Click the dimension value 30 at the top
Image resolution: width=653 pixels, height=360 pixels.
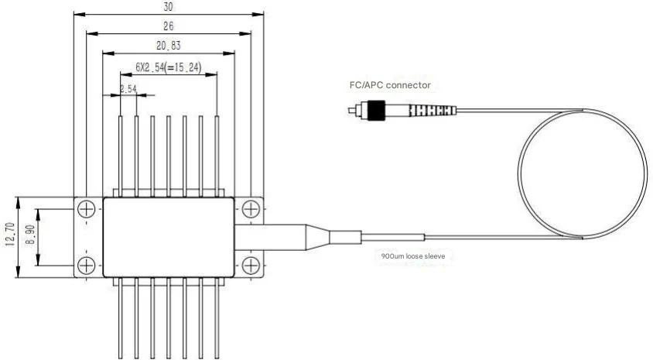click(169, 7)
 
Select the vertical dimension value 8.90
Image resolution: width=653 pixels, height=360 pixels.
click(30, 236)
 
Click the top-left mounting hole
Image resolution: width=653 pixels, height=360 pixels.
click(87, 208)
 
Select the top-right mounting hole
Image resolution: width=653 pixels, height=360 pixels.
click(250, 208)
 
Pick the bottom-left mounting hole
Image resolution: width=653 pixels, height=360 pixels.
click(87, 266)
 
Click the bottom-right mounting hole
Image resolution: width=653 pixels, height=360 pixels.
click(250, 266)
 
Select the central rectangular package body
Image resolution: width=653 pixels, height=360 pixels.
click(169, 236)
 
